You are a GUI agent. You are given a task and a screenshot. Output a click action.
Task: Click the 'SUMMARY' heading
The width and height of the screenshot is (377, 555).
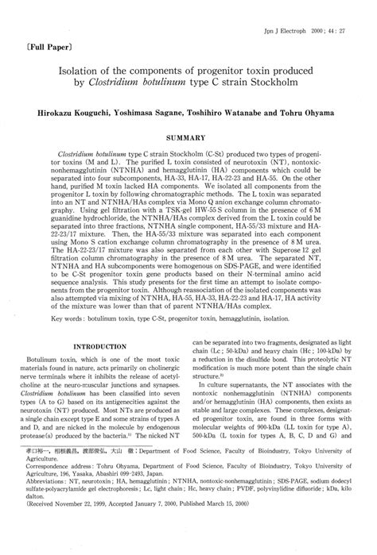[x=190, y=137]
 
